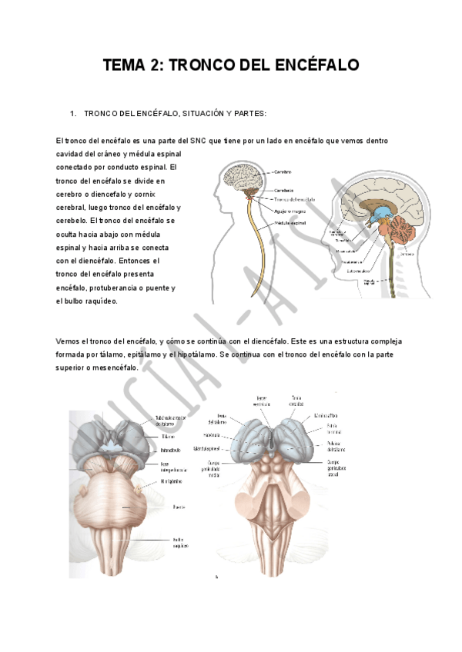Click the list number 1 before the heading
[x=72, y=114]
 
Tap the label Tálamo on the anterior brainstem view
[x=166, y=435]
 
